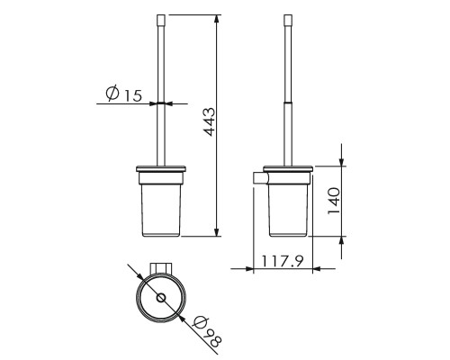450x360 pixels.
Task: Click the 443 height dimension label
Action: point(210,121)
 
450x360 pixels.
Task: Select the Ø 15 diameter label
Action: point(123,94)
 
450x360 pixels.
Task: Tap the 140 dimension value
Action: point(334,201)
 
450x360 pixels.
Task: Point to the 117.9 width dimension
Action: point(283,261)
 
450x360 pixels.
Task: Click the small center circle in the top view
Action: point(161,298)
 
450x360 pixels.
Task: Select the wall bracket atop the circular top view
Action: point(161,268)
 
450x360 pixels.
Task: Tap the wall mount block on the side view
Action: point(260,178)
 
